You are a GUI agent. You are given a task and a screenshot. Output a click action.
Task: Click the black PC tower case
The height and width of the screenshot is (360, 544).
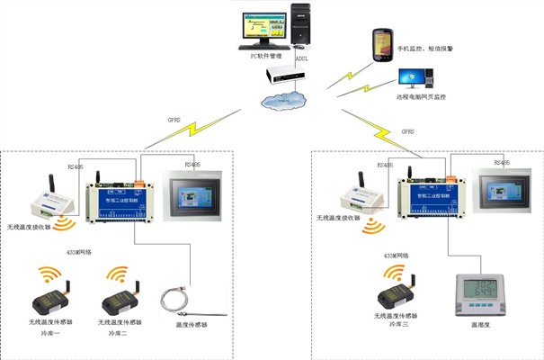coord(303,25)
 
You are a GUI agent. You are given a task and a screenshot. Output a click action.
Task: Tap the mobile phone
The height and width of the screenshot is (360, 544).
coord(382,43)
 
